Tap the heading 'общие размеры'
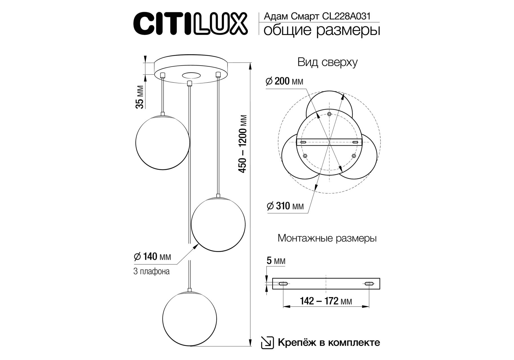322,31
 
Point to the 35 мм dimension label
140,97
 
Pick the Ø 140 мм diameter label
152,256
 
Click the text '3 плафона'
151,272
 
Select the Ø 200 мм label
284,81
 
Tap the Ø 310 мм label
285,206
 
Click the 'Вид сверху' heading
327,62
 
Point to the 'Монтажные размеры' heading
327,238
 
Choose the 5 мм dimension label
276,261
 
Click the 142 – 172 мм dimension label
326,301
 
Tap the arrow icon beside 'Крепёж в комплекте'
267,343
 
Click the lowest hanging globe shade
189,319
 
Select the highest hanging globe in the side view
162,142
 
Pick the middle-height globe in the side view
218,224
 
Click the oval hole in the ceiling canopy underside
191,75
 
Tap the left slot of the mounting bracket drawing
283,284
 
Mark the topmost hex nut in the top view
329,114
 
